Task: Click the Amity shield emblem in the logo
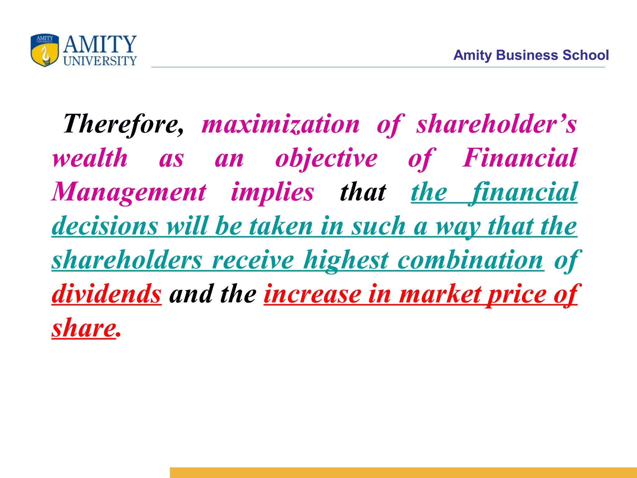(44, 50)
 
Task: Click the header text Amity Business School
(531, 55)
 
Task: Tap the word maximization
(280, 124)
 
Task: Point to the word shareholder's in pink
(496, 124)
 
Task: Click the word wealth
(90, 158)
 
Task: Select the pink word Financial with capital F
(519, 158)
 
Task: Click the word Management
(129, 192)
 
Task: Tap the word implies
(272, 192)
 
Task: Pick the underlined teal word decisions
(105, 226)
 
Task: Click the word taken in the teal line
(281, 226)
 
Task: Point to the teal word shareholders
(127, 260)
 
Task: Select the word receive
(253, 260)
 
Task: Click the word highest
(346, 260)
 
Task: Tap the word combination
(470, 260)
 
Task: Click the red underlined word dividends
(106, 294)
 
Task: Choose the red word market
(440, 294)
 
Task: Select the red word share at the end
(84, 328)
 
